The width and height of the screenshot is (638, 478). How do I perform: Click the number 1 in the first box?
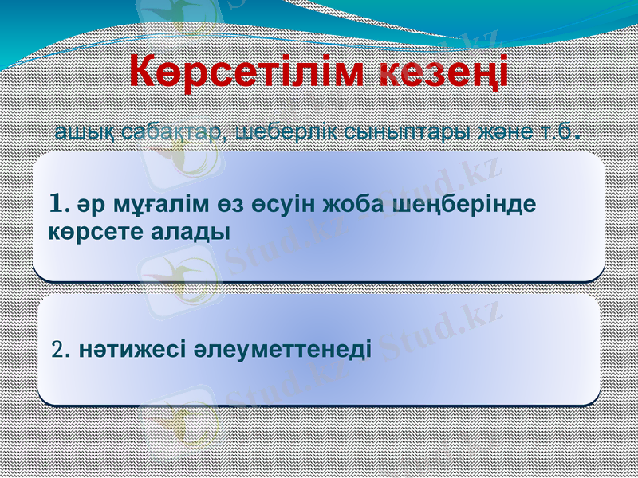55,204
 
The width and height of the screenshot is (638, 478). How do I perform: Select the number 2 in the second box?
55,349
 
